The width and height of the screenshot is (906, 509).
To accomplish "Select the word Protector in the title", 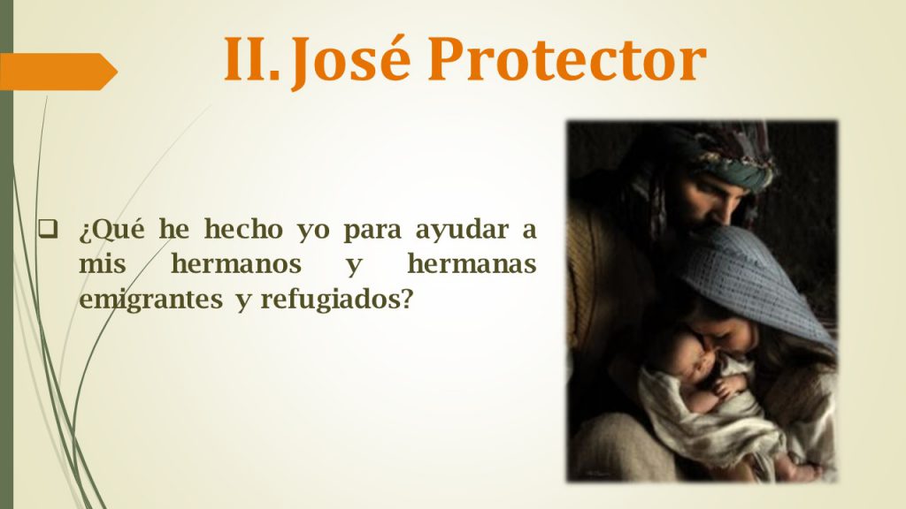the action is point(567,59).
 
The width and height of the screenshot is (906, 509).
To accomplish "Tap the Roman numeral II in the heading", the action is point(251,59).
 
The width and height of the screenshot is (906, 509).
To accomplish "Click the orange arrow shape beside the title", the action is point(58,72).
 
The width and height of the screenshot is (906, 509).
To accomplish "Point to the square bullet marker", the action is point(48,229).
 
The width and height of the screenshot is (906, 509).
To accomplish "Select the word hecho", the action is point(243,229).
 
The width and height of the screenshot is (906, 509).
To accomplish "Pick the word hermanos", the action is point(236,264).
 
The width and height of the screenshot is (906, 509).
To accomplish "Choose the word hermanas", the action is point(472,264).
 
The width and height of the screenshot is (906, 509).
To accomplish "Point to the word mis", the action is point(103,264).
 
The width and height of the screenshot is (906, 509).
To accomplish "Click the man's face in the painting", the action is point(710,199).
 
